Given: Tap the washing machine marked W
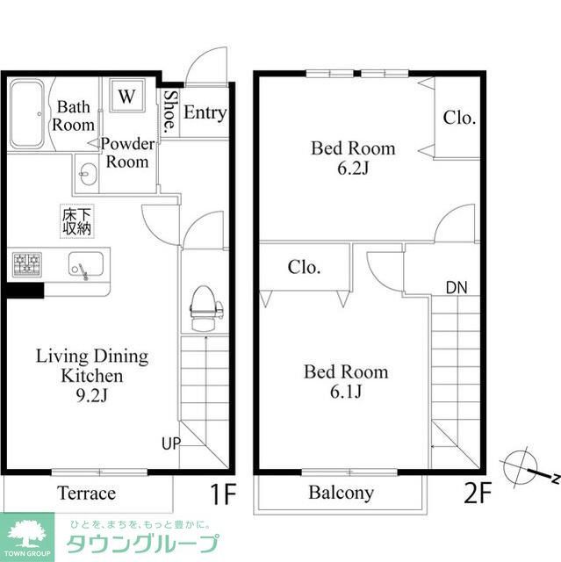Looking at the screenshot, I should (x=127, y=97).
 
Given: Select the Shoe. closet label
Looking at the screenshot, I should (x=169, y=112).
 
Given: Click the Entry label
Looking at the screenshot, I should (x=205, y=112).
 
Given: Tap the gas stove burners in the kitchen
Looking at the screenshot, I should (x=26, y=263).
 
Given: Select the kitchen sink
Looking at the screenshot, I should (x=85, y=265).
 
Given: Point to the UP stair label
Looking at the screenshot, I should (x=170, y=443).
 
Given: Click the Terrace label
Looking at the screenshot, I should (x=85, y=494).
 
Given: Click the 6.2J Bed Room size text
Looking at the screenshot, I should (x=352, y=169).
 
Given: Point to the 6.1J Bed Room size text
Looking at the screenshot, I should (x=346, y=393).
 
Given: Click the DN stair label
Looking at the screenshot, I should (x=457, y=287).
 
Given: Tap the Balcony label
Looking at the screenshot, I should (x=341, y=494).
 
